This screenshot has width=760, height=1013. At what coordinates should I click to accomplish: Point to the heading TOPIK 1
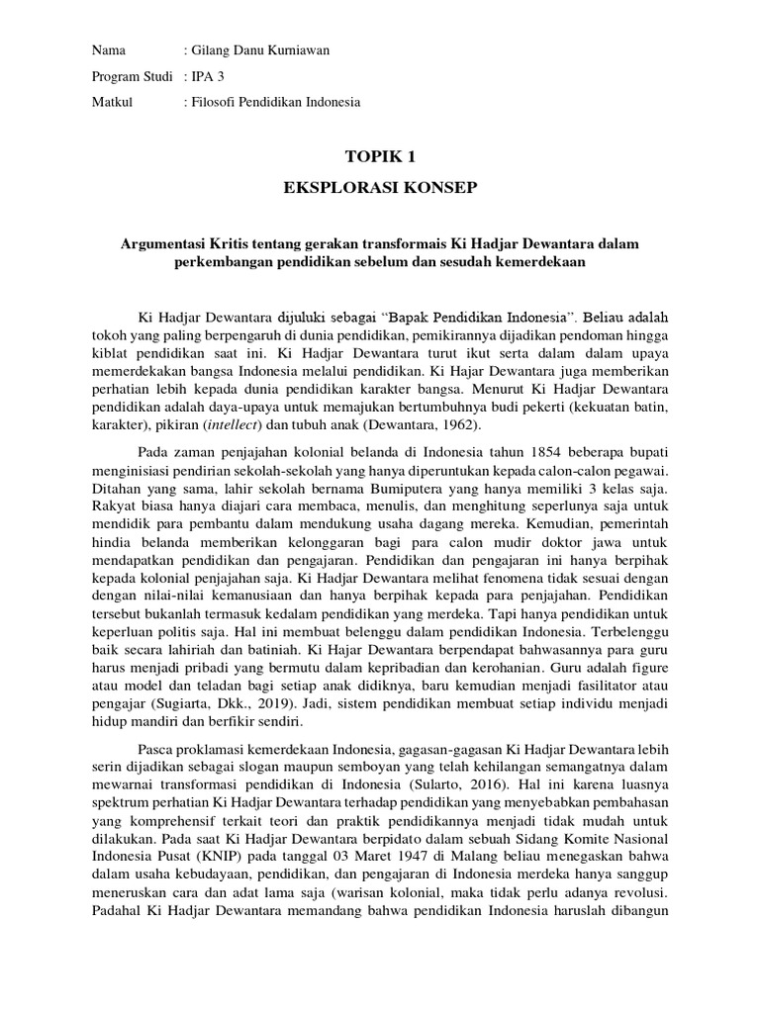tap(380, 156)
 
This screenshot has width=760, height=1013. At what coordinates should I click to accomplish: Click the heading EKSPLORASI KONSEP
tap(380, 188)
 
